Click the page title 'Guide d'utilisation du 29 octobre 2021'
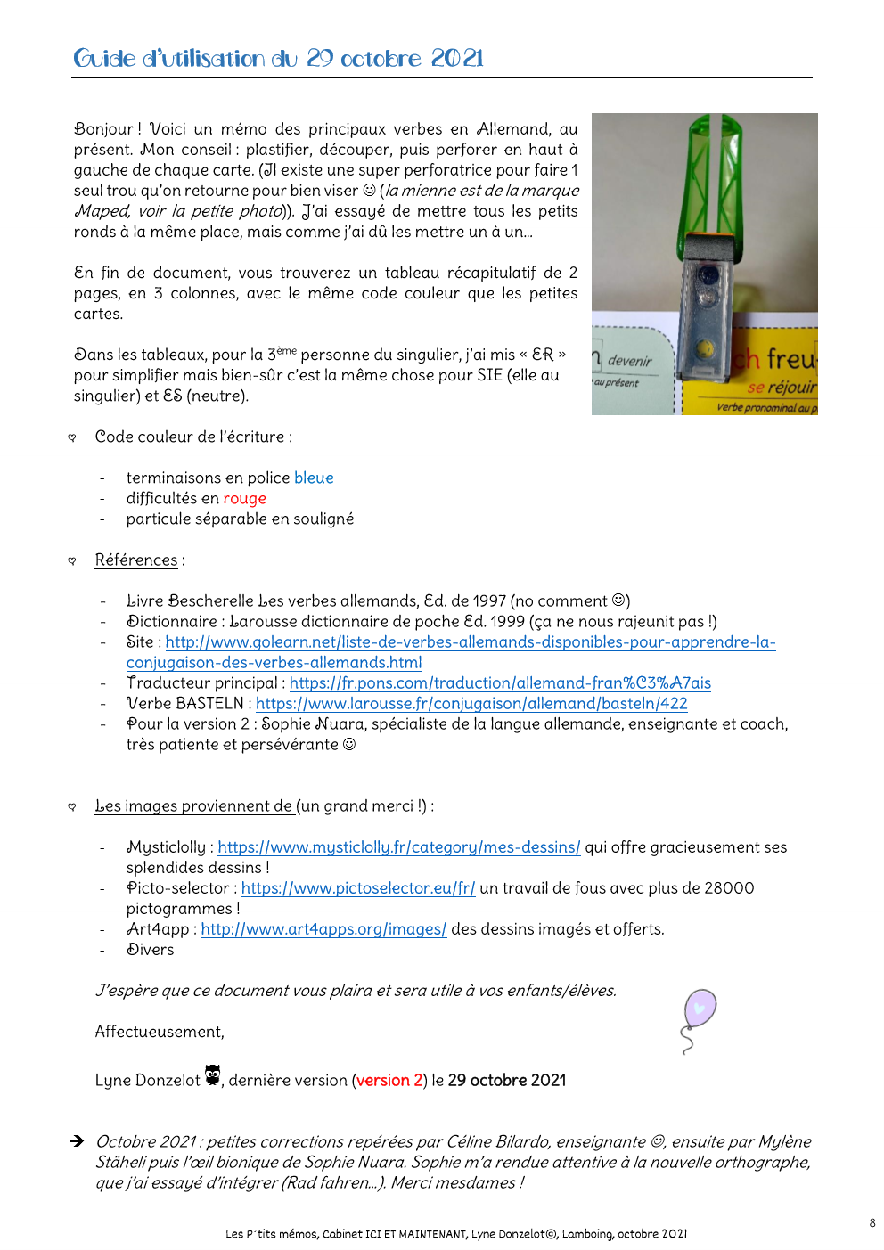coord(278,59)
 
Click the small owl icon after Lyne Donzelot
coord(212,1074)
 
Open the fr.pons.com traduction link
coord(500,683)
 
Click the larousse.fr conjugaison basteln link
coord(471,704)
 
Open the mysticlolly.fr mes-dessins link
coord(398,847)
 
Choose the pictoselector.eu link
coord(358,888)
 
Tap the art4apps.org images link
coord(323,929)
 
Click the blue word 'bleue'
coord(314,478)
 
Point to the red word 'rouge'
coord(244,499)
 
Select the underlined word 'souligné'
coord(323,519)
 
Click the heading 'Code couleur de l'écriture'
coord(190,437)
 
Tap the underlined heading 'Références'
coord(136,560)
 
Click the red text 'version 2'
coord(383,1081)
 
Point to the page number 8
coord(872,1223)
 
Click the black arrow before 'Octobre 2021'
coord(78,1141)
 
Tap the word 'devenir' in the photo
coord(630,361)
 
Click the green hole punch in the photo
coord(706,241)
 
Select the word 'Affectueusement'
coord(159,1032)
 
